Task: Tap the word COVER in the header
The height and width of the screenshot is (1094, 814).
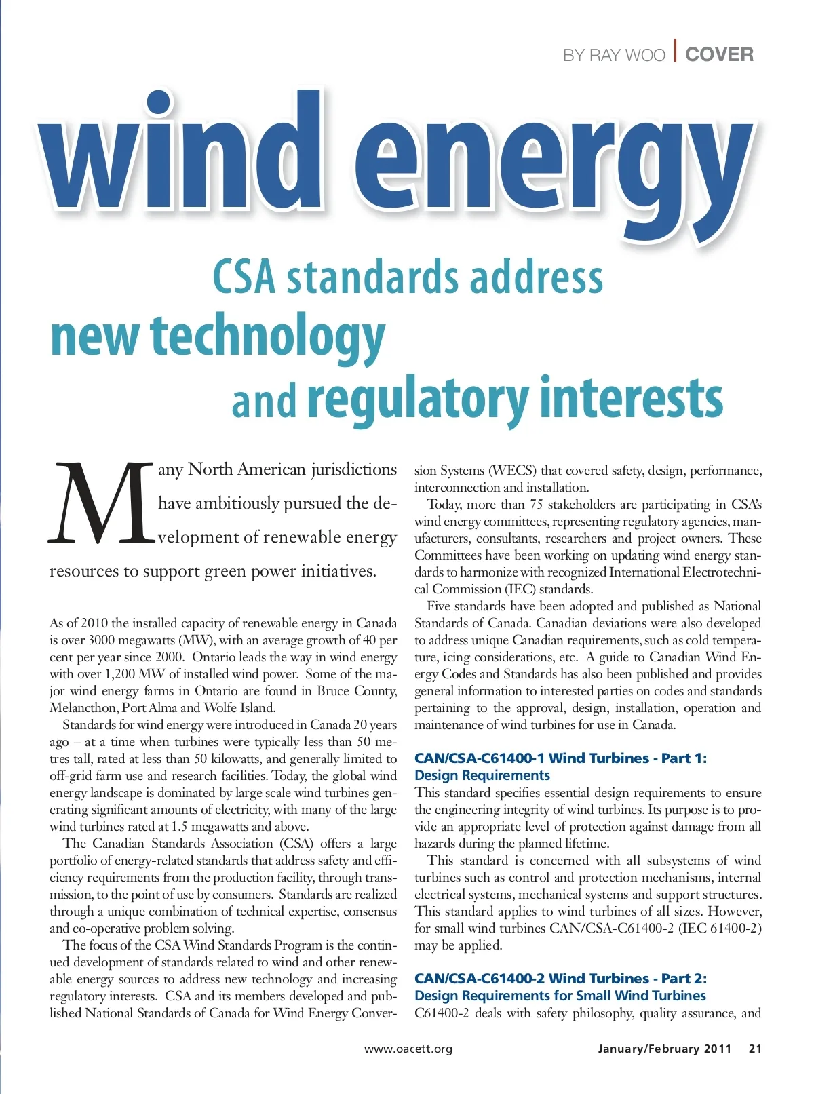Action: (x=719, y=54)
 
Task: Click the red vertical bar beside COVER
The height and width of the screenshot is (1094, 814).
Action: (x=676, y=52)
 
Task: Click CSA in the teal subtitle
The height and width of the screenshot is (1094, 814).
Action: (x=244, y=277)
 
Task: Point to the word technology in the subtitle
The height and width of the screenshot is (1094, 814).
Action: (x=268, y=337)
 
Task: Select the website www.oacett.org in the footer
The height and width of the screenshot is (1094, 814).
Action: (x=408, y=1049)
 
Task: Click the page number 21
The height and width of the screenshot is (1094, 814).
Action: (x=755, y=1049)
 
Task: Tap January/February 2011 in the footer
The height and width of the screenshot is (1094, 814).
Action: (x=665, y=1049)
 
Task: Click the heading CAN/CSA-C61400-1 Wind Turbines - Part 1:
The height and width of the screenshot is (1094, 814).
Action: (x=560, y=758)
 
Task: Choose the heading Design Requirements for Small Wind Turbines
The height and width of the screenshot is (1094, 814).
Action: (x=560, y=996)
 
